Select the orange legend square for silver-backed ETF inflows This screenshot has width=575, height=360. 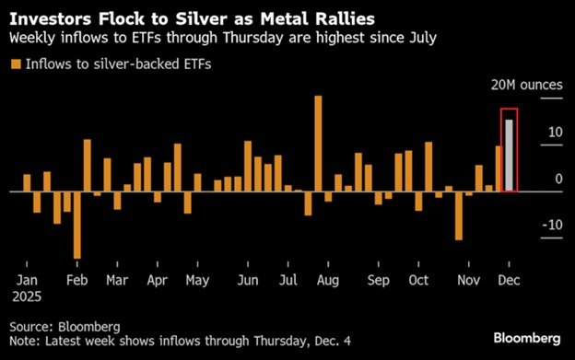coord(15,63)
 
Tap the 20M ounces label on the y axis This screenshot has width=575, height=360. coord(525,85)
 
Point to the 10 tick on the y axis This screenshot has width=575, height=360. coord(553,133)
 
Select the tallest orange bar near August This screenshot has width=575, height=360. coord(318,144)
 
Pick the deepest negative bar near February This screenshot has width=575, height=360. coord(77,225)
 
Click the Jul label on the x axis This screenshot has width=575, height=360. coord(287,280)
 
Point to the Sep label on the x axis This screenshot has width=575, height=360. coord(377,280)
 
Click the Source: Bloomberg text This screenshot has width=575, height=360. coord(65,327)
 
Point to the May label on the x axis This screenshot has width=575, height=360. coord(197,280)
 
